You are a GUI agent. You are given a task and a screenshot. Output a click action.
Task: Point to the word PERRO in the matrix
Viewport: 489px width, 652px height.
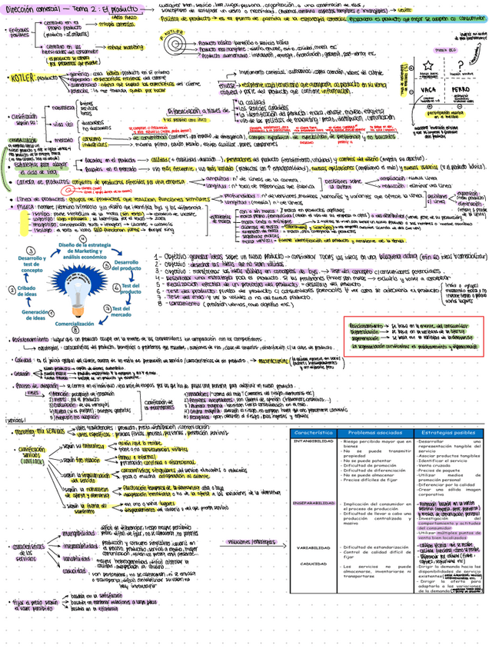click(x=461, y=89)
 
